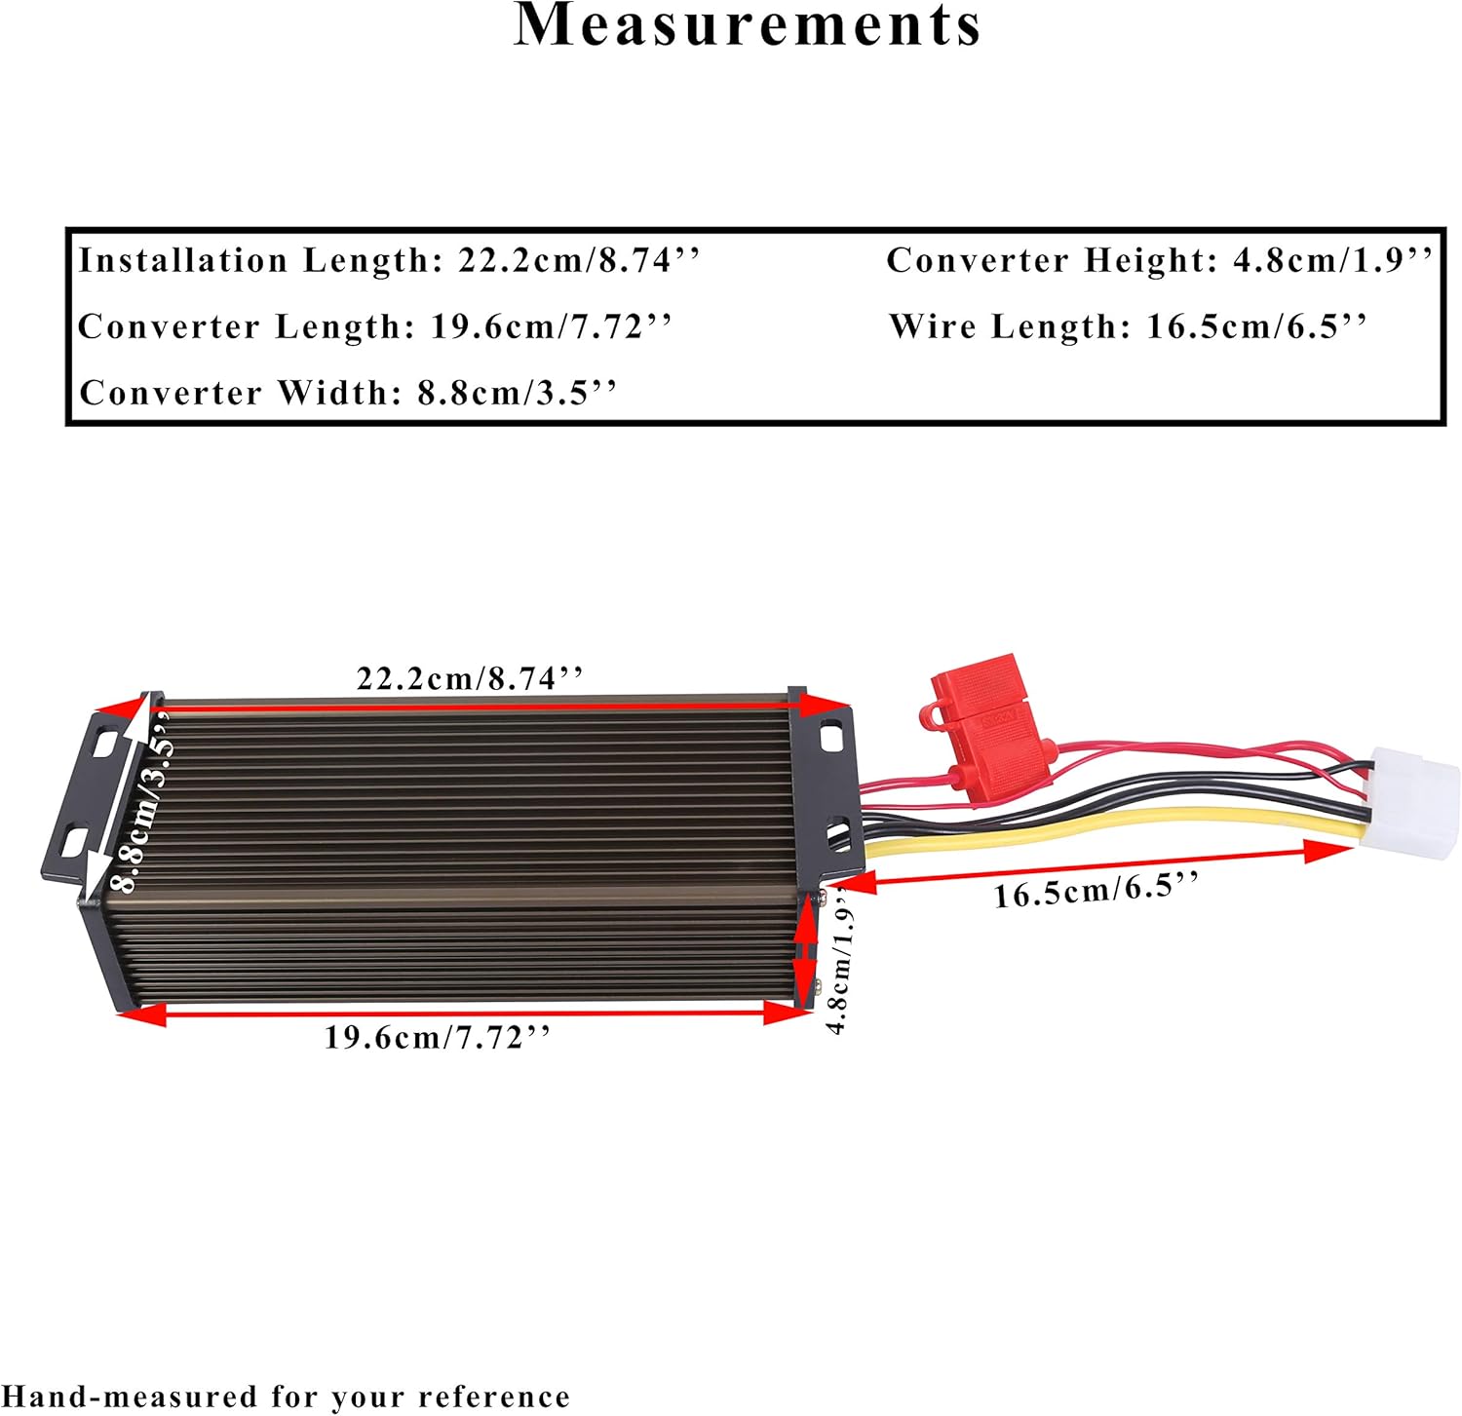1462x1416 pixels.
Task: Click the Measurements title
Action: coord(747,25)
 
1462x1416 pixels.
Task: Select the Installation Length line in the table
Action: coord(389,260)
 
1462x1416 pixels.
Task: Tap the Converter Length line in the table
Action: coord(375,326)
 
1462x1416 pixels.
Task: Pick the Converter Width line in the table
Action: coord(348,393)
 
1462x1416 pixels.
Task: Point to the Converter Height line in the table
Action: coord(1160,260)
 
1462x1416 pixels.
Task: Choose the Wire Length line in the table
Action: coord(1129,326)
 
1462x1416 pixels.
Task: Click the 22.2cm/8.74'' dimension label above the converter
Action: coord(470,678)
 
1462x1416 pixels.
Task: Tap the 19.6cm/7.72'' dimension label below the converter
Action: coord(438,1037)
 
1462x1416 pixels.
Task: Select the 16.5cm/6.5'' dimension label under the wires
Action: coord(1096,890)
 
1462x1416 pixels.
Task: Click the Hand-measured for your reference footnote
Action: coord(286,1397)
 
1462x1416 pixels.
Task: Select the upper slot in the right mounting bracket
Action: coord(831,737)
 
